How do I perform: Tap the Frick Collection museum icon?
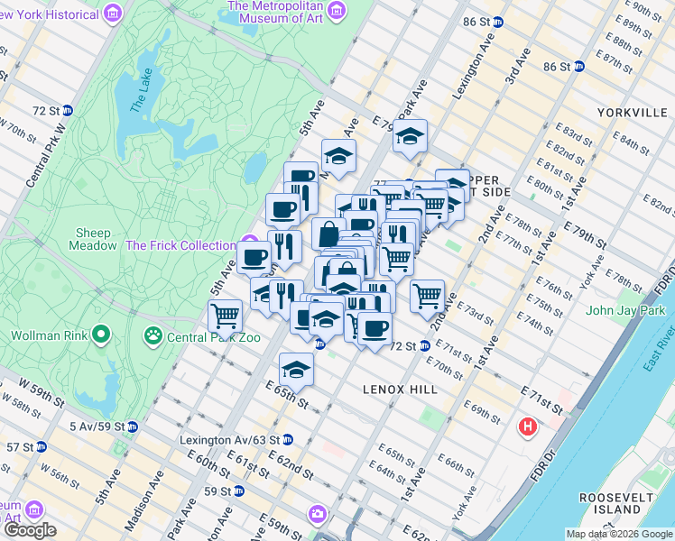[247, 245]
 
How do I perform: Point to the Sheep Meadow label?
[94, 239]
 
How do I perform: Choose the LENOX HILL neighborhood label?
[400, 390]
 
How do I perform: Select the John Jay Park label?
[624, 311]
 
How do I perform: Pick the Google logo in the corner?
[29, 530]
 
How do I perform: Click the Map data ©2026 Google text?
[620, 534]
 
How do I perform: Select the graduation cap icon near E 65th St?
[295, 369]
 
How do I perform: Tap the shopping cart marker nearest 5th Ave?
[224, 316]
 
